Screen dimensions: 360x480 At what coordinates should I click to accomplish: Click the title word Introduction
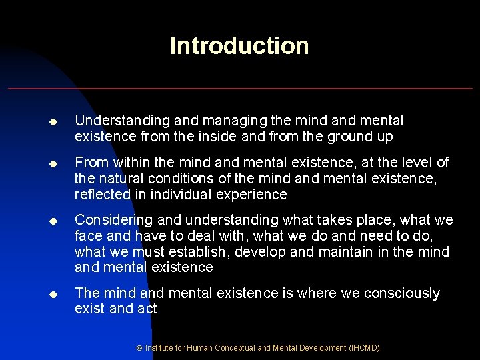(x=239, y=46)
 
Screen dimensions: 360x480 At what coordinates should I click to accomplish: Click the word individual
(x=183, y=194)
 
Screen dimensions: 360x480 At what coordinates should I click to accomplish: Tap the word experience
(x=253, y=194)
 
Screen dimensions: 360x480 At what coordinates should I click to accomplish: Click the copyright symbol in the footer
(x=139, y=347)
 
